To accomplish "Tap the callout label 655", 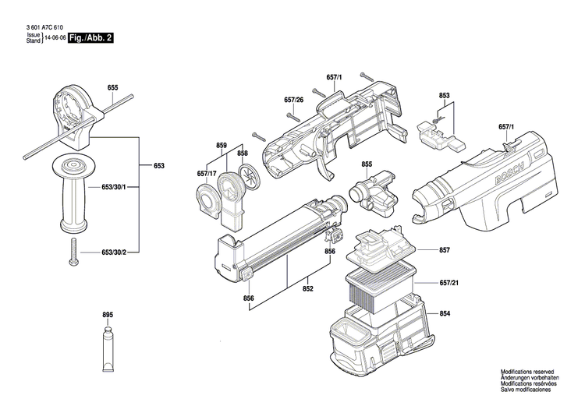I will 113,88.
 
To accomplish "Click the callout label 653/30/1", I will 115,188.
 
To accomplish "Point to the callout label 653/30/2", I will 115,252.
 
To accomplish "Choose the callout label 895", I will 108,314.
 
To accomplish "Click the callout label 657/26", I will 294,100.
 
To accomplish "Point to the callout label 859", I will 222,146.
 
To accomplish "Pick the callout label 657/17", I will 207,173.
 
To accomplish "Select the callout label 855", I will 367,164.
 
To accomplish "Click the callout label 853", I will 445,96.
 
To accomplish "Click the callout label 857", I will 445,250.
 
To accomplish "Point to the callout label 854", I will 445,313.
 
